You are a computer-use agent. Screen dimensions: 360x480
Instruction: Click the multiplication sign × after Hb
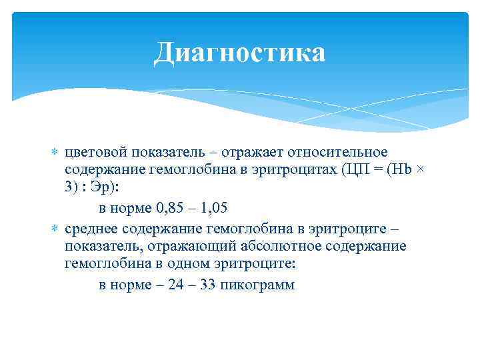(x=419, y=171)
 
